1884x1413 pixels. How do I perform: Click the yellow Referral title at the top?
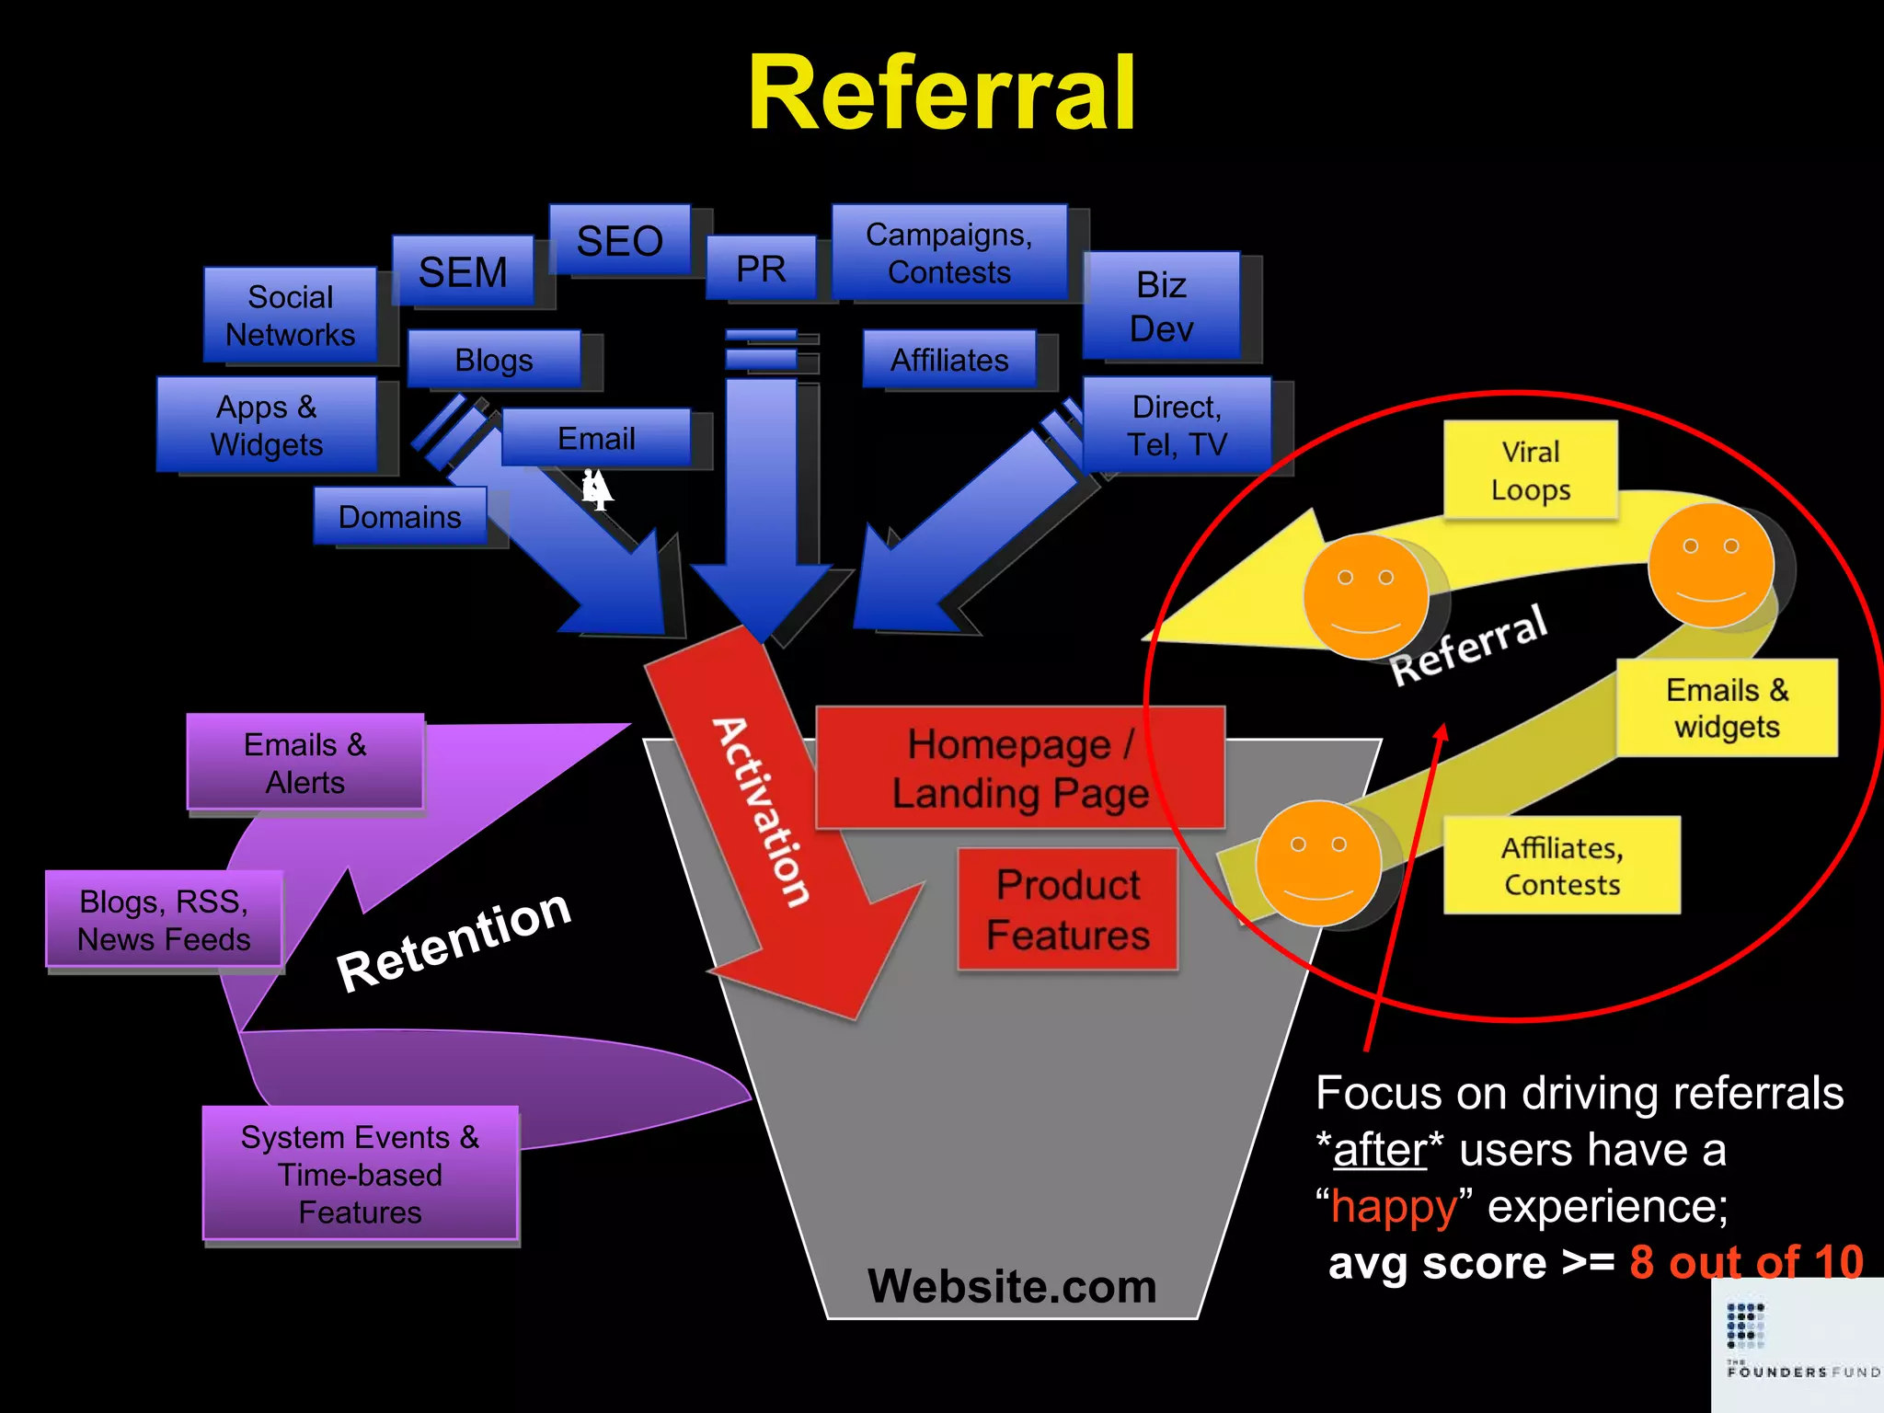[x=942, y=94]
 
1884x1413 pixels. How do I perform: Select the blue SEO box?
[x=619, y=240]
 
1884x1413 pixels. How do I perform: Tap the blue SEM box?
[x=463, y=271]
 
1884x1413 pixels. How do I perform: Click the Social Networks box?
[x=290, y=316]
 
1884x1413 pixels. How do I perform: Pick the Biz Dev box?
[x=1161, y=306]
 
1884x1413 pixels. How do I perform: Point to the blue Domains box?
[x=399, y=516]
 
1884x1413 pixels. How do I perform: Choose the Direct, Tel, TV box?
[x=1177, y=425]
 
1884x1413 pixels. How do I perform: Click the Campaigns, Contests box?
[x=948, y=253]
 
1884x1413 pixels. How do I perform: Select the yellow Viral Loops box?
[x=1530, y=470]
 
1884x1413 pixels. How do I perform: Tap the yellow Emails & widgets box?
[x=1727, y=707]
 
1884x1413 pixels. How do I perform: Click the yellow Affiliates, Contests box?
[x=1561, y=865]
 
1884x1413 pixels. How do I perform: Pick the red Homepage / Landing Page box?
[x=1019, y=768]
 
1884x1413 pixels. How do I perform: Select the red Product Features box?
[x=1067, y=909]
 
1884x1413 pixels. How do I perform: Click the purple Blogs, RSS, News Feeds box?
[x=164, y=919]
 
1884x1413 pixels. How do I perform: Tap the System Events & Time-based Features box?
[x=360, y=1174]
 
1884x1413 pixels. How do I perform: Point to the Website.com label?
[x=1012, y=1285]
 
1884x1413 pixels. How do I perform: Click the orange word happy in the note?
[x=1394, y=1206]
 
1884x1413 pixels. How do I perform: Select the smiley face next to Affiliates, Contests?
[x=1318, y=862]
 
